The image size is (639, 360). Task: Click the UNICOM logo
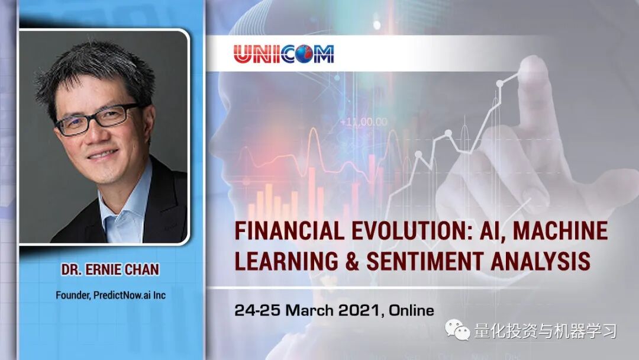283,54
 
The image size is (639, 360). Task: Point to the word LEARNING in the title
286,261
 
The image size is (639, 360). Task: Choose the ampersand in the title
353,261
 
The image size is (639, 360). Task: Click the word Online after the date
412,310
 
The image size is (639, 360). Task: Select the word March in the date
309,310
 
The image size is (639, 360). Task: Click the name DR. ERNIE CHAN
110,269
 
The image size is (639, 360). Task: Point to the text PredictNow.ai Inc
130,295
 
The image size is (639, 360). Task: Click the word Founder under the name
73,295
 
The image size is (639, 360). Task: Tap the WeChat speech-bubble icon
457,329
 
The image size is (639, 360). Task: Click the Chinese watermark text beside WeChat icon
546,330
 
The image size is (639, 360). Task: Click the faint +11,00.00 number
363,121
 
